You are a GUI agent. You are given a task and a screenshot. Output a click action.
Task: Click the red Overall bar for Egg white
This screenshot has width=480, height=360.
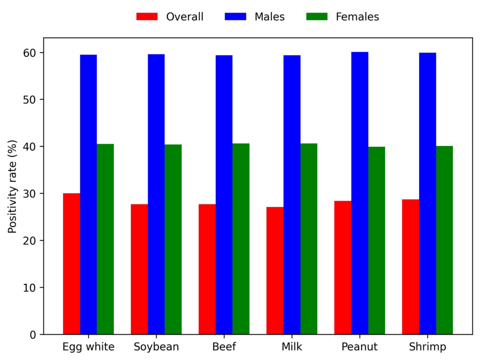click(72, 264)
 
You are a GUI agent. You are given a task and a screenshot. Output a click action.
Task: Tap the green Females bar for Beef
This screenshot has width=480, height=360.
click(240, 239)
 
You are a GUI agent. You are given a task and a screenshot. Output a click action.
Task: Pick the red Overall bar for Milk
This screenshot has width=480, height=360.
click(275, 270)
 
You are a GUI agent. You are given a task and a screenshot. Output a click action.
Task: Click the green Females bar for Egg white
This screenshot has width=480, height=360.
click(105, 239)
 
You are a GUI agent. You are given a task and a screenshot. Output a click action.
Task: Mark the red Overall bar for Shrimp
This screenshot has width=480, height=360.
click(410, 266)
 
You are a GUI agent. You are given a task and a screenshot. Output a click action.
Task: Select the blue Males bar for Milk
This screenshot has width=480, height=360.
click(292, 194)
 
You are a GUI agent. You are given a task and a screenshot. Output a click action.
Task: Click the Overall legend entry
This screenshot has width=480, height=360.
click(170, 17)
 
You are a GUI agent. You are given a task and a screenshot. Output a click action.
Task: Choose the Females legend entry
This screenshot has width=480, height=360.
click(343, 17)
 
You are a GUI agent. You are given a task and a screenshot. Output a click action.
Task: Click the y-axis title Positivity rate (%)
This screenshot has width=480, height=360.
click(12, 186)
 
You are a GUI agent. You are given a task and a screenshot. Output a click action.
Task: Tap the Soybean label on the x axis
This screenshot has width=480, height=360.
click(156, 347)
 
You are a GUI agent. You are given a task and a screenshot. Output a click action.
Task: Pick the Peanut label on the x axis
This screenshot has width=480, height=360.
click(360, 347)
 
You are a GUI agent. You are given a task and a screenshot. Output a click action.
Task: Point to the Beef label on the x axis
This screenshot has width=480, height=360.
click(224, 347)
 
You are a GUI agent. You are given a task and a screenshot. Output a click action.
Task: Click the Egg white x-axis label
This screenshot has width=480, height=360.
click(89, 347)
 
